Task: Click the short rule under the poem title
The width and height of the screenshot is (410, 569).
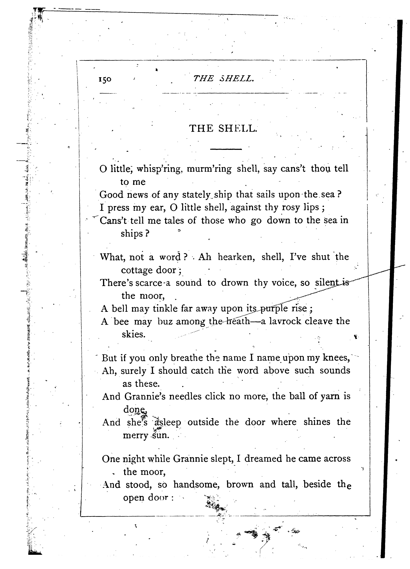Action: click(226, 149)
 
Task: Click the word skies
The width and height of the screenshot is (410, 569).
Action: click(133, 334)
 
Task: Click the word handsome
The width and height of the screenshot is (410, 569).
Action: click(197, 484)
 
